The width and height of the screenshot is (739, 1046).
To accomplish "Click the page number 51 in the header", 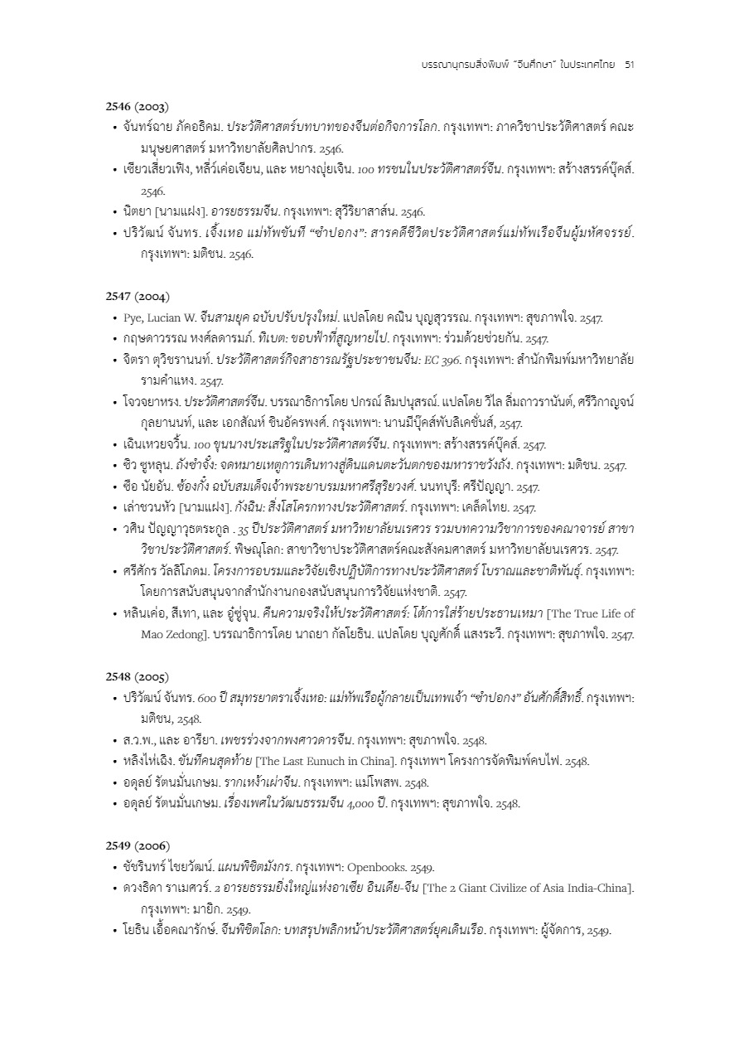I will pyautogui.click(x=629, y=64).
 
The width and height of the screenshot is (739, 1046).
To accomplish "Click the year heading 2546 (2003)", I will pyautogui.click(x=138, y=107).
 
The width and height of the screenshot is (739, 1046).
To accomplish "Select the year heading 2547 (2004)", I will pyautogui.click(x=138, y=297).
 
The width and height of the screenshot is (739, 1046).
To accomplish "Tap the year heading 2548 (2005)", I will pyautogui.click(x=138, y=677).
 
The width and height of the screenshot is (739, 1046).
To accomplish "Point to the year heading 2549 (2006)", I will pyautogui.click(x=138, y=846).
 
